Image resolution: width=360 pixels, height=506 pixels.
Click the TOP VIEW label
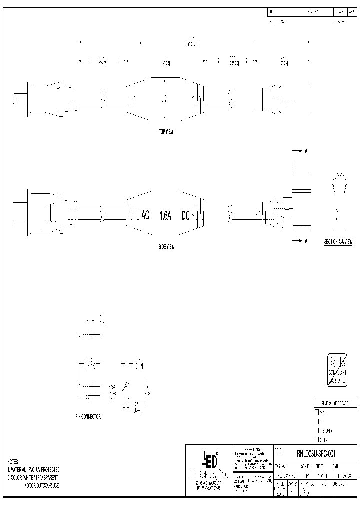(x=166, y=131)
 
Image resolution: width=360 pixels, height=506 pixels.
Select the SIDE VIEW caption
(x=166, y=246)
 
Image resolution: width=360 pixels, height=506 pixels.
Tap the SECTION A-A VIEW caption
(x=338, y=242)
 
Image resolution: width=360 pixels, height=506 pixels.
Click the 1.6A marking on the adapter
(x=166, y=216)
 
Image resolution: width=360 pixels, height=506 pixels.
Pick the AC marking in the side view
(x=145, y=216)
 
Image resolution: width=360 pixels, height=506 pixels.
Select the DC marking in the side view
(x=186, y=216)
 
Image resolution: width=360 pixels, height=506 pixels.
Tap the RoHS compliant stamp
(x=337, y=370)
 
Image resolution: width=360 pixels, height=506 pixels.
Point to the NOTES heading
(x=13, y=462)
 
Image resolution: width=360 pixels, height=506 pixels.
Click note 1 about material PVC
(x=33, y=470)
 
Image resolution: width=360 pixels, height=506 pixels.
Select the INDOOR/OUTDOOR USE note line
(x=41, y=485)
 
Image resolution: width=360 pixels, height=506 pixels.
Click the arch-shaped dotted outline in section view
(x=340, y=183)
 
